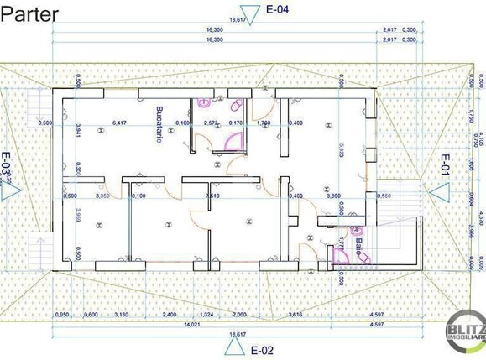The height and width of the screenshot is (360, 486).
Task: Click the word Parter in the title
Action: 29,15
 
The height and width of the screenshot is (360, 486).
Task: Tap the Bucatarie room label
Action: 158,124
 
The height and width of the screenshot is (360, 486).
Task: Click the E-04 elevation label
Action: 279,10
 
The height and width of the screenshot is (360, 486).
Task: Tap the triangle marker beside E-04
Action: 256,11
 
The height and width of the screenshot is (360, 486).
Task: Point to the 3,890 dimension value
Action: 332,196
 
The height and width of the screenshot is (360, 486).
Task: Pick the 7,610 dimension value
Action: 213,196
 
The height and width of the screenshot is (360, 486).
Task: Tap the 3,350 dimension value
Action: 103,196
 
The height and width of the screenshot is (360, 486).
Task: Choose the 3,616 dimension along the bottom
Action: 296,315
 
